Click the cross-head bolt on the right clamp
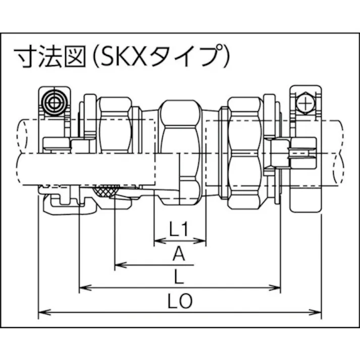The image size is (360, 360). click(x=305, y=104)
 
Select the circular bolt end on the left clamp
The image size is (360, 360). click(x=52, y=103)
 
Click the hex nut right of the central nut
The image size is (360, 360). click(x=244, y=151)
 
